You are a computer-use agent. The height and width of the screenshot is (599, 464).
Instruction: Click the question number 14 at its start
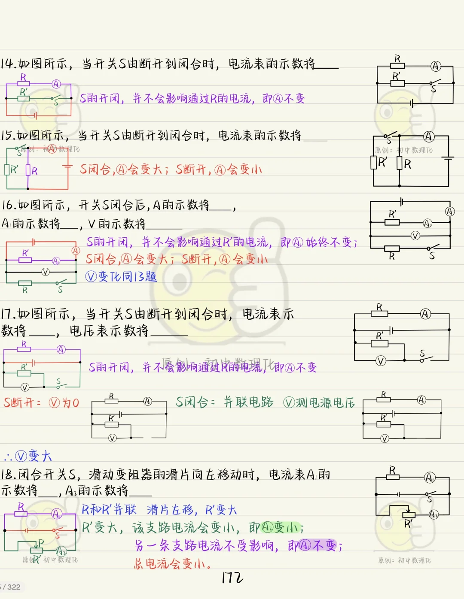(8, 64)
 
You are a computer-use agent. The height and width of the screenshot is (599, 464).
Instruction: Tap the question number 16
(8, 205)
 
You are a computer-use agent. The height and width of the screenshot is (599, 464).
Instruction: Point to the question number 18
(8, 474)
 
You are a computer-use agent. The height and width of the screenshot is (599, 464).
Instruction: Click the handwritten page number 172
(232, 578)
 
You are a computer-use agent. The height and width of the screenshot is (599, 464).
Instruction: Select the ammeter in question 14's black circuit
(436, 66)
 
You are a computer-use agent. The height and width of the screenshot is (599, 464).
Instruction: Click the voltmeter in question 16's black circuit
(415, 236)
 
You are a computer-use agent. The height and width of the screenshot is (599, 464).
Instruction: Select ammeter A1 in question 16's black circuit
(427, 223)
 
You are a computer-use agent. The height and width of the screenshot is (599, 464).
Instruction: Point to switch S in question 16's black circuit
(433, 248)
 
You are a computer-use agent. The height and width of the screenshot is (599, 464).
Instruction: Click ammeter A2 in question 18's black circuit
(433, 514)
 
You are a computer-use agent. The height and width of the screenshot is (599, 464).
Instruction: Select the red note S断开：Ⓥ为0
(41, 402)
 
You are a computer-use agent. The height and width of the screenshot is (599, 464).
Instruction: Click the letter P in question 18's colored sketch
(41, 543)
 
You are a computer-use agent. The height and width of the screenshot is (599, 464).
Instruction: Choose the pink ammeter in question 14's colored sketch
(56, 84)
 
